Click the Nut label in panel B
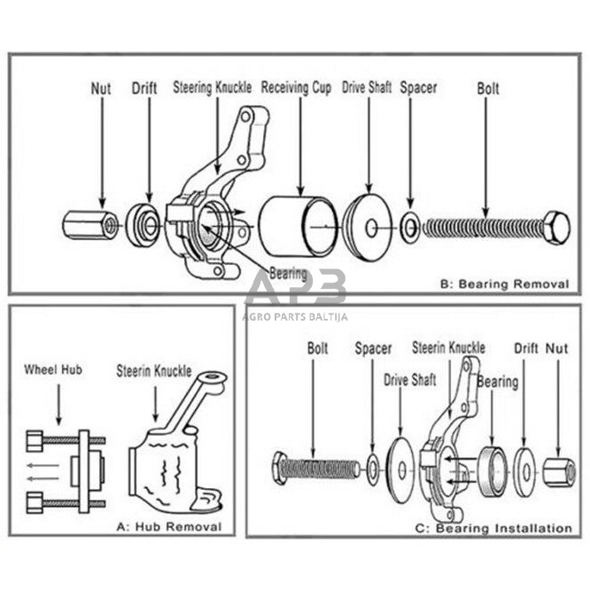102,89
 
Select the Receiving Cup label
297,88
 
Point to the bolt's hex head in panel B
555,228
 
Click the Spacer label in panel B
418,88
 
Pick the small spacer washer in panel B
410,228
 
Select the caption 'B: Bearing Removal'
503,284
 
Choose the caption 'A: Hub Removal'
168,526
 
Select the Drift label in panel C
526,348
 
